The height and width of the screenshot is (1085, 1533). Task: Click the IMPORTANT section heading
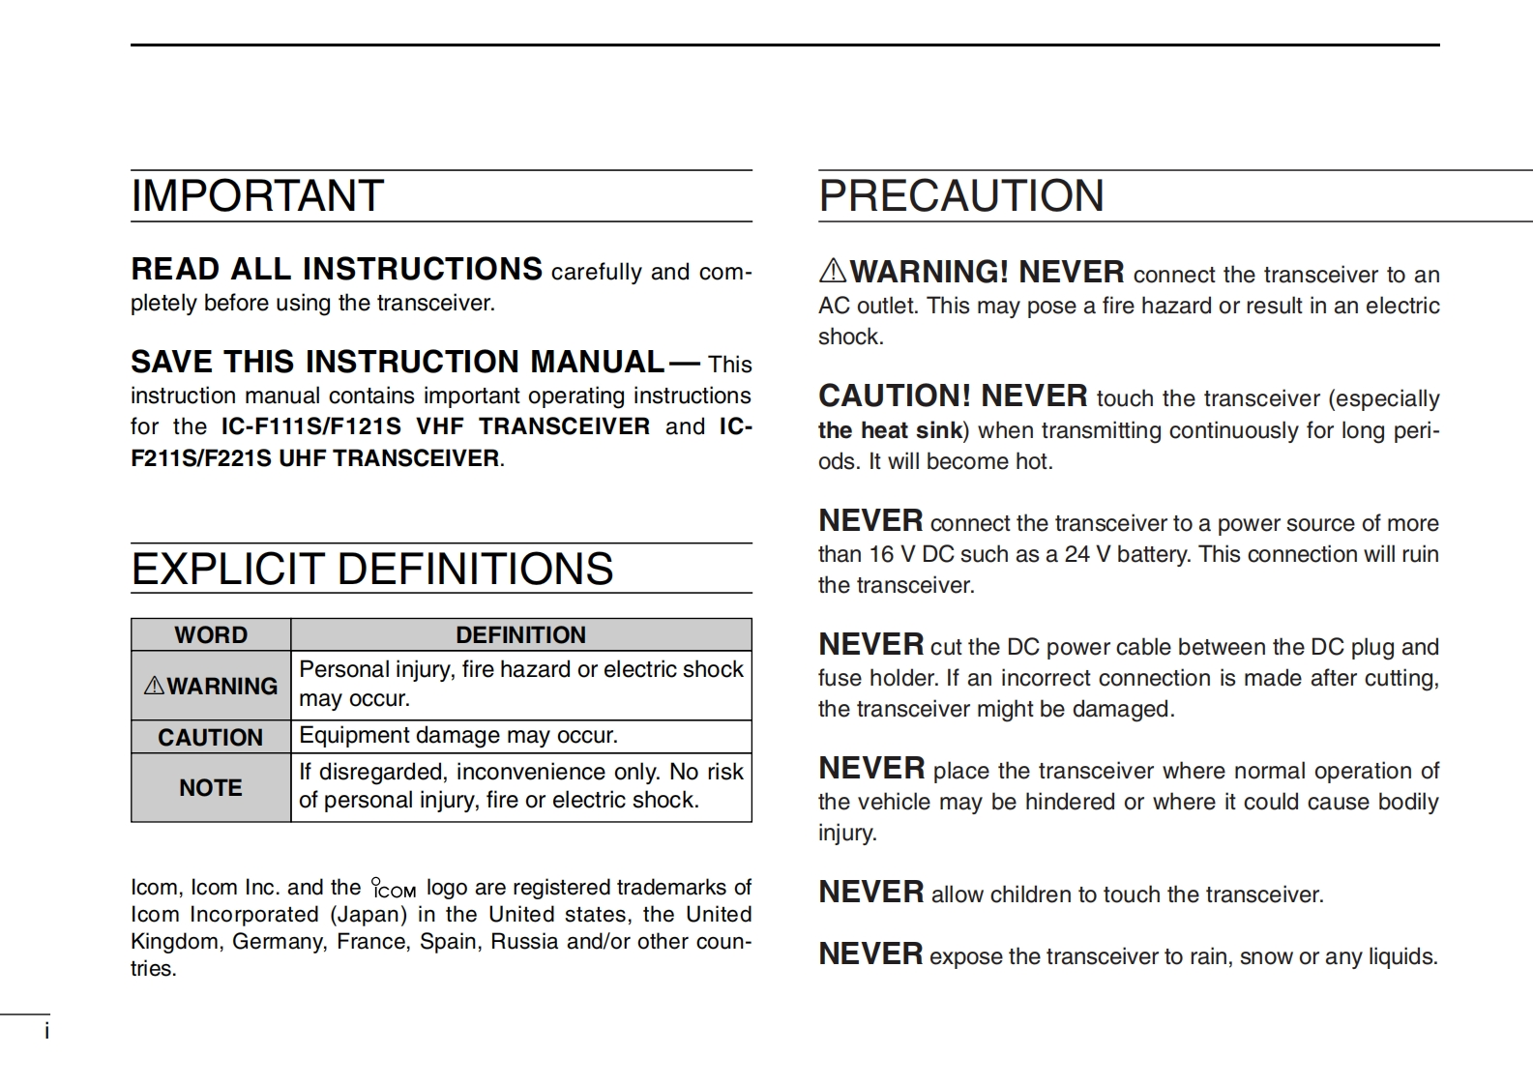coord(257,196)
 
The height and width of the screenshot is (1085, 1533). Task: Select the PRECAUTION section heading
coord(960,196)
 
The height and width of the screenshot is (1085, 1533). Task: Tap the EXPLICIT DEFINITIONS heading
coord(372,569)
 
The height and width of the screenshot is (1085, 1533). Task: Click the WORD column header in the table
coord(211,635)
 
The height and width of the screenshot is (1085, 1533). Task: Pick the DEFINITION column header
coord(520,635)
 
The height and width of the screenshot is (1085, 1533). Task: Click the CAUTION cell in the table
coord(211,738)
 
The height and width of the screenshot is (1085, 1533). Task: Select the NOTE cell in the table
coord(211,788)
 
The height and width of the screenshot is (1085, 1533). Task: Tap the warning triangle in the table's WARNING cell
coord(154,687)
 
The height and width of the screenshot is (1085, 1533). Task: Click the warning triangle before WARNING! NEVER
coord(833,271)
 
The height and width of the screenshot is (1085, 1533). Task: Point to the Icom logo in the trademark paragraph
coord(394,888)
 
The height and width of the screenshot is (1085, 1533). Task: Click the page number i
coord(46,1032)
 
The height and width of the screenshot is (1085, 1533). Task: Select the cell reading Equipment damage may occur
coord(458,736)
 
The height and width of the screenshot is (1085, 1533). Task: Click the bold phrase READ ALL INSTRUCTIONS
coord(337,269)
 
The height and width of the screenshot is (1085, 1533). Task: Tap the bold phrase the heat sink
coord(890,430)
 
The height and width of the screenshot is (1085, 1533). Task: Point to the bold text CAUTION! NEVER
coord(953,396)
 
